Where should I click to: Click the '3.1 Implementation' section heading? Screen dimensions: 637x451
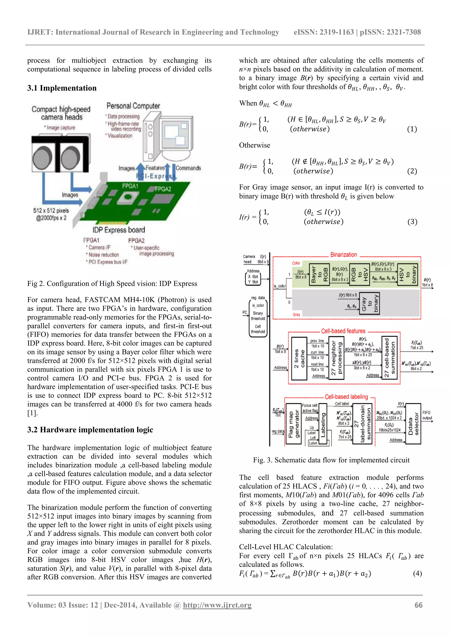tap(62, 88)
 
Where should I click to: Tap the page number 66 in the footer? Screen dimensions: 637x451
tap(418, 605)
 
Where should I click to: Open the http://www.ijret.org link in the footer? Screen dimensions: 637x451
tap(217, 605)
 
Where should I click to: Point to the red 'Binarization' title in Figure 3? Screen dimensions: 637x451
tap(344, 255)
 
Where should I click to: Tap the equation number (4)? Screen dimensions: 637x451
tap(417, 573)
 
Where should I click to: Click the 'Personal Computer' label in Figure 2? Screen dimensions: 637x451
tap(133, 106)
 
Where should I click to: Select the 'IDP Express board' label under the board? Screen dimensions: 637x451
tap(119, 230)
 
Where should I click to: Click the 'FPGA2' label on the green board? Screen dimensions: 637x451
tap(163, 189)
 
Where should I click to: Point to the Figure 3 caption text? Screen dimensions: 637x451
tap(331, 460)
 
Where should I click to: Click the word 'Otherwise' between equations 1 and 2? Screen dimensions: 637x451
tap(254, 145)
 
